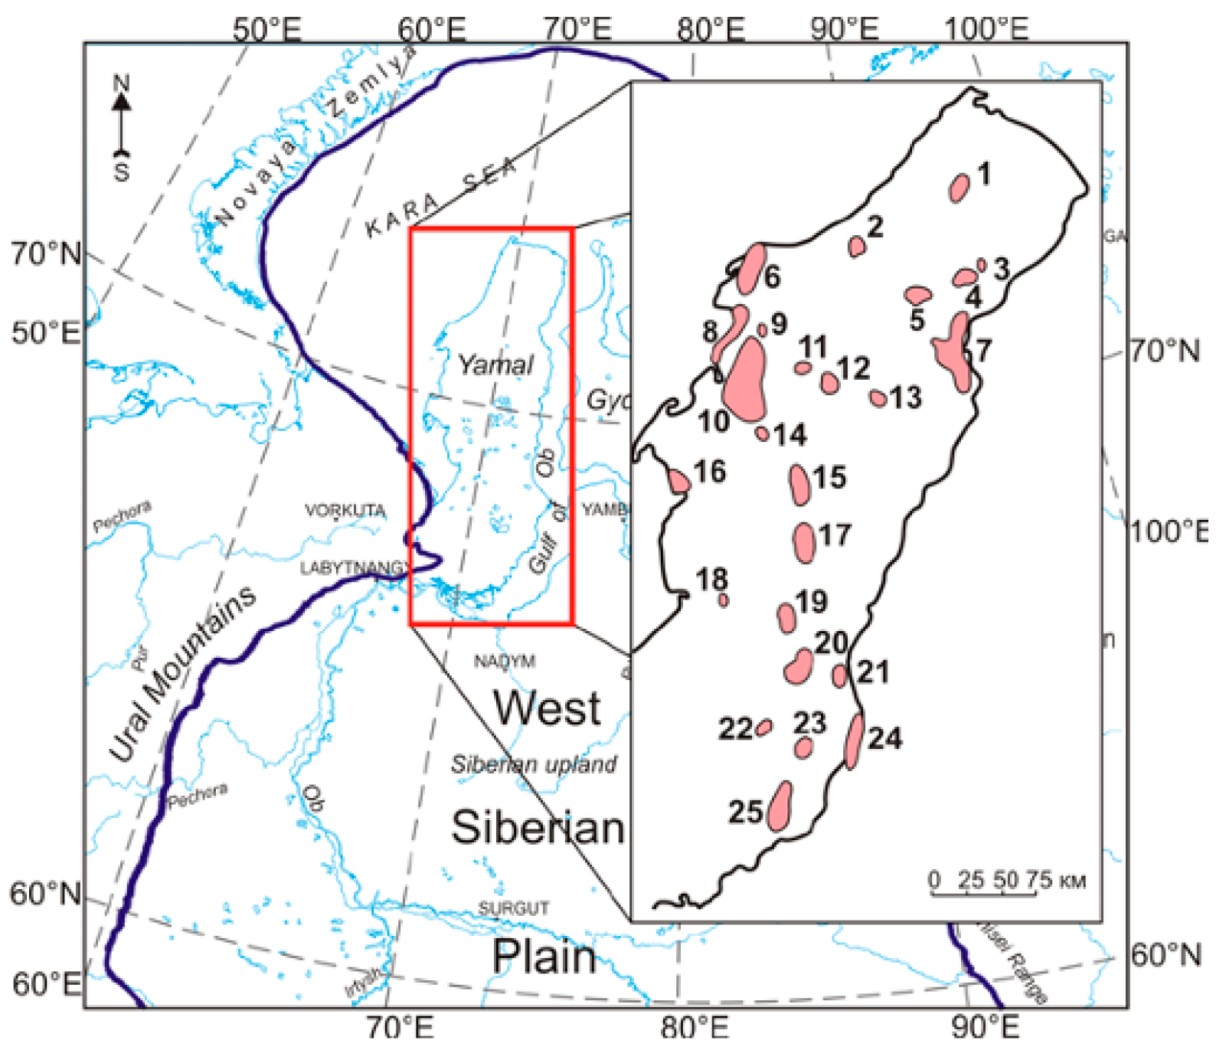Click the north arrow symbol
(x=121, y=126)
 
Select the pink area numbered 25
(x=780, y=806)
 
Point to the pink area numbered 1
(x=959, y=187)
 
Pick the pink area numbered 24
(x=853, y=741)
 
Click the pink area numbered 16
(x=678, y=482)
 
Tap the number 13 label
(x=906, y=397)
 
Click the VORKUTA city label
(x=345, y=510)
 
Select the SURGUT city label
(x=513, y=908)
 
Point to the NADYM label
(x=504, y=661)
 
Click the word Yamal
(x=495, y=365)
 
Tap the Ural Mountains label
(x=181, y=674)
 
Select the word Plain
(x=544, y=957)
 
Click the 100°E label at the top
(x=986, y=29)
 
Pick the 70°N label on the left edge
(x=44, y=253)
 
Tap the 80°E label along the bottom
(x=694, y=1028)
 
